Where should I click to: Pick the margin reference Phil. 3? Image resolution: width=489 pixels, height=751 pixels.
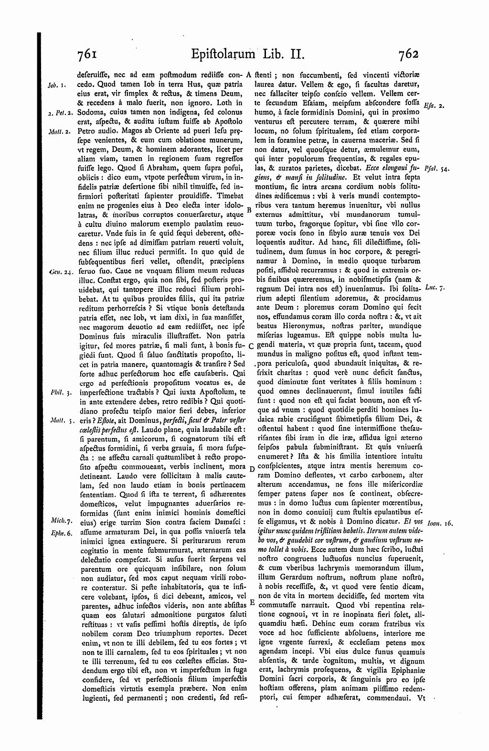[60, 392]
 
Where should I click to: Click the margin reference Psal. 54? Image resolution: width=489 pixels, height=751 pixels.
[434, 169]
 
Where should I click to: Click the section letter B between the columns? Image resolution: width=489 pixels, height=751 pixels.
[249, 210]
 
